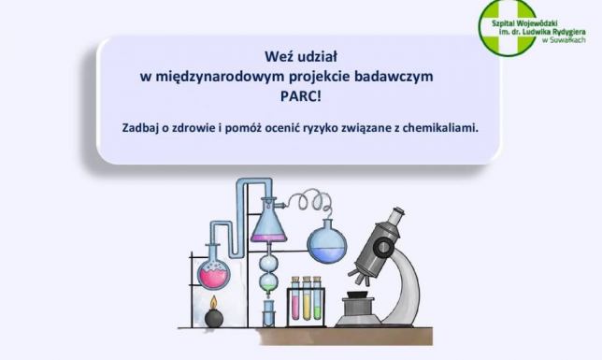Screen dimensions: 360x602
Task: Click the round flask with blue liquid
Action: (327, 239)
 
